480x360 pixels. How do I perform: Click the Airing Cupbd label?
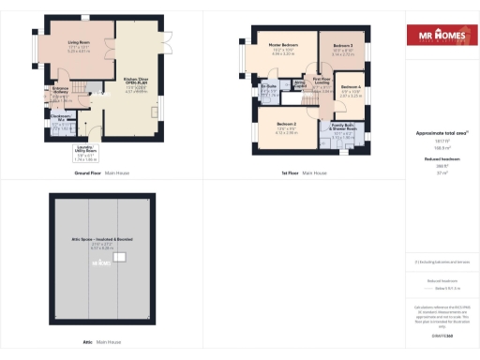coord(302,85)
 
